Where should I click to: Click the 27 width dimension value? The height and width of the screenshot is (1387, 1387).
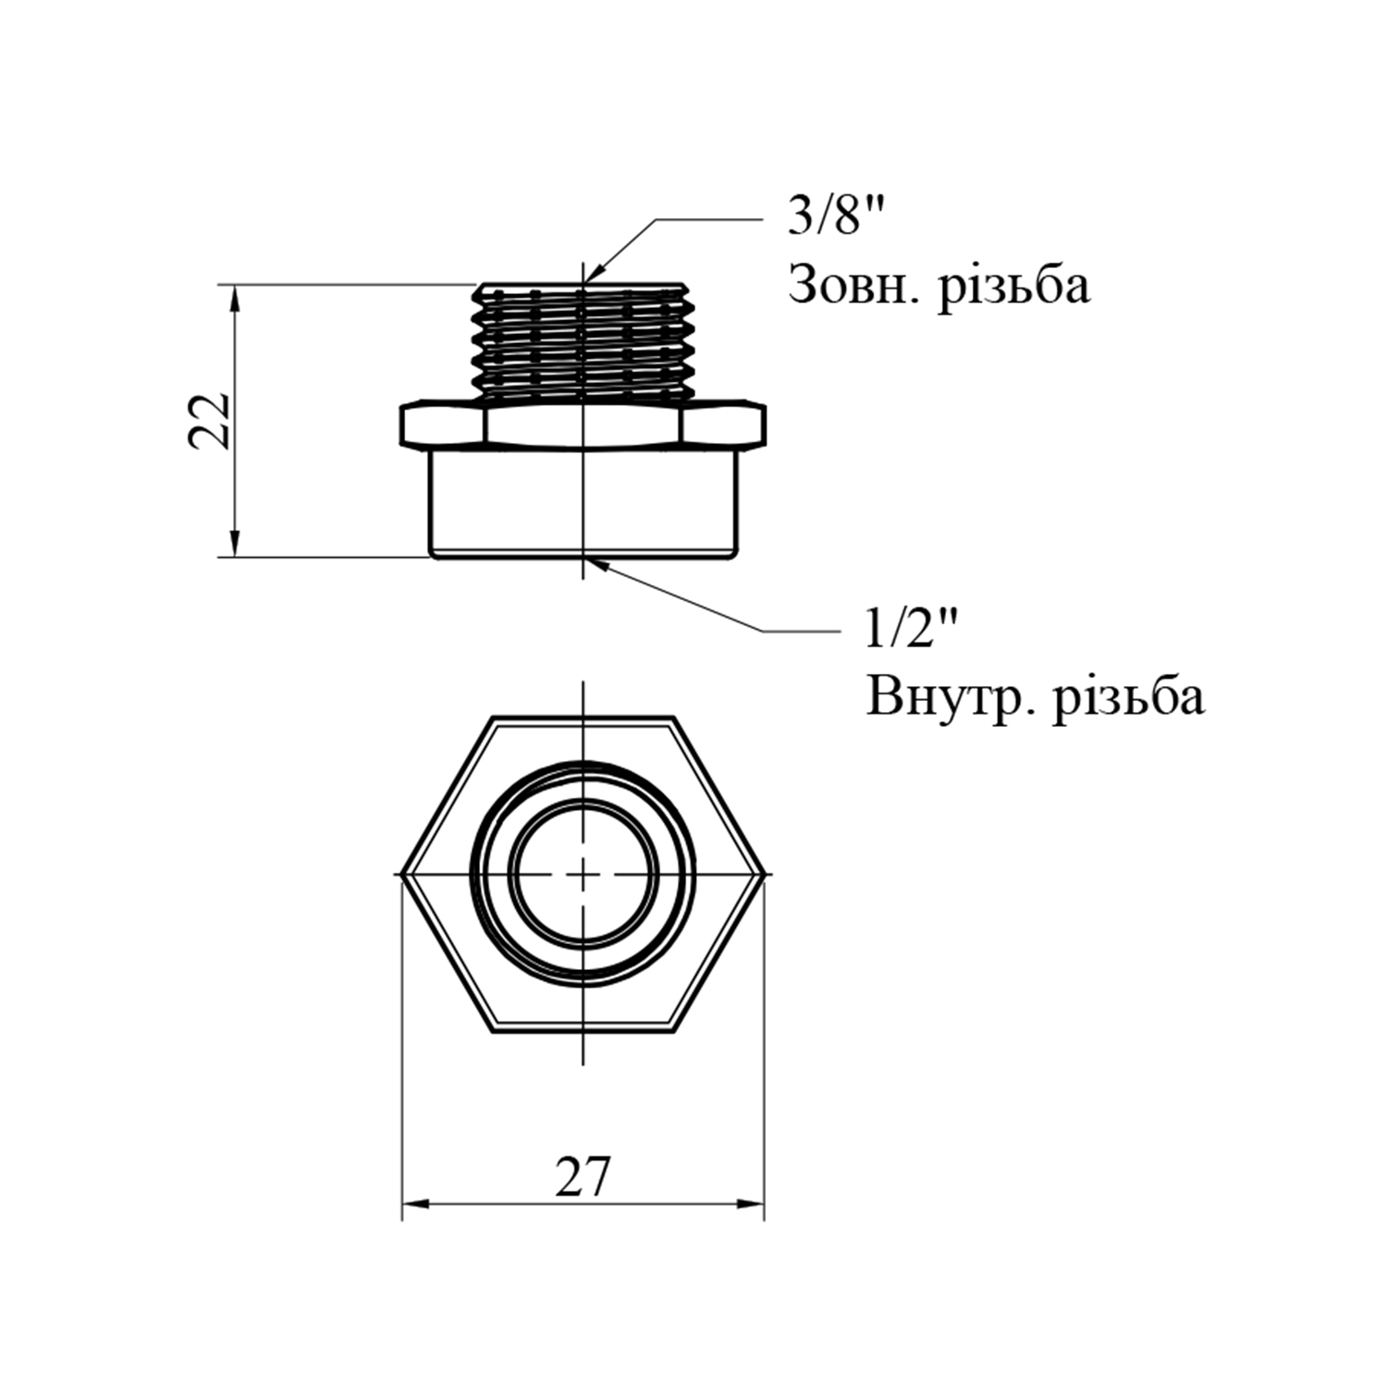point(583,1177)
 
